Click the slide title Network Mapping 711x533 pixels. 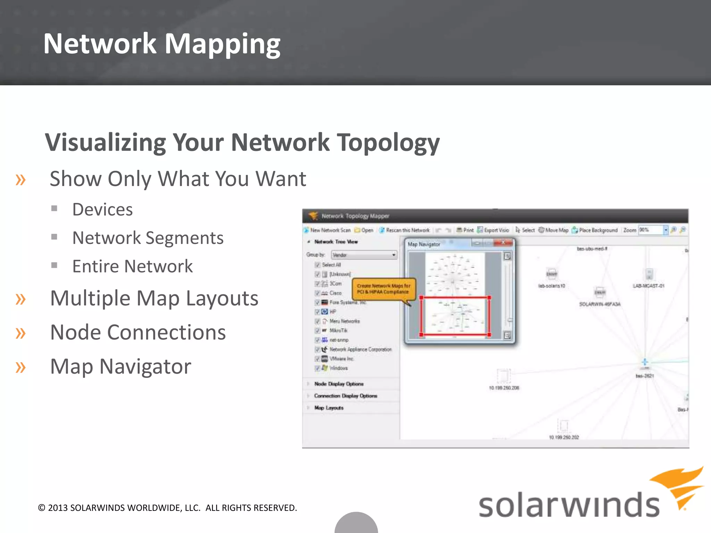[162, 44]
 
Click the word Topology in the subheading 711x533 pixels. [389, 143]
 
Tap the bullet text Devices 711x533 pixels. [102, 210]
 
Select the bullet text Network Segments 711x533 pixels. [148, 238]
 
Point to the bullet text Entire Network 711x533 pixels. [132, 266]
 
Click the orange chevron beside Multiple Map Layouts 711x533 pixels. [20, 299]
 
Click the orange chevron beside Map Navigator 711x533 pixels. [20, 367]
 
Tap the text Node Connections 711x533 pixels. [138, 332]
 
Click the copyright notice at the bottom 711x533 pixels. [167, 508]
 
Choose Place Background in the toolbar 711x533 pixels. [595, 230]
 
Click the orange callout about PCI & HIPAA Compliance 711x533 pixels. [383, 289]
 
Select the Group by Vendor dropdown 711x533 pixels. [364, 255]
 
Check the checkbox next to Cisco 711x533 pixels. [317, 293]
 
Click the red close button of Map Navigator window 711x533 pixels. [503, 243]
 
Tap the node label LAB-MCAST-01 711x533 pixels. [649, 286]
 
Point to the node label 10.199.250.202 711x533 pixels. [564, 437]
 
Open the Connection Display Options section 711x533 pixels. [345, 396]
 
